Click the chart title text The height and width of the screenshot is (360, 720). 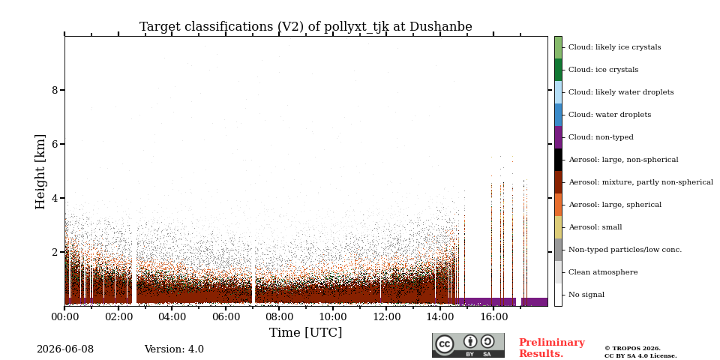[x=306, y=27]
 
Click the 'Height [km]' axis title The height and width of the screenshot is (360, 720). [x=40, y=172]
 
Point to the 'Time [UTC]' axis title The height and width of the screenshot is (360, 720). [x=306, y=332]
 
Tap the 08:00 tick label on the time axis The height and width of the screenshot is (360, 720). [x=279, y=316]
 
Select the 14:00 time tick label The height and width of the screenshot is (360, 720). [x=440, y=316]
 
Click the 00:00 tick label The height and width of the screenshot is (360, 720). [x=64, y=316]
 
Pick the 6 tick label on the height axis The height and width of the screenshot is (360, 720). [x=55, y=144]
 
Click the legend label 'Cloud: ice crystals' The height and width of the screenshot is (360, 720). [x=603, y=70]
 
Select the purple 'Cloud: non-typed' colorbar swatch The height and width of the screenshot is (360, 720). [x=558, y=137]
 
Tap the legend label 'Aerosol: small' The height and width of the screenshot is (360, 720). [x=595, y=227]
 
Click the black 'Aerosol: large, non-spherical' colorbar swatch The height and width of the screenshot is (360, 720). [x=558, y=160]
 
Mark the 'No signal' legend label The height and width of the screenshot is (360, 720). [x=586, y=295]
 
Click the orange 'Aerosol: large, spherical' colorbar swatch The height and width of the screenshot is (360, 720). [x=558, y=205]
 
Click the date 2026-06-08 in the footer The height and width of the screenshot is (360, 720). [x=65, y=349]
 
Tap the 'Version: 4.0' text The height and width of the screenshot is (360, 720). [x=174, y=349]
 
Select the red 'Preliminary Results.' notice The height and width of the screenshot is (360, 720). [x=552, y=348]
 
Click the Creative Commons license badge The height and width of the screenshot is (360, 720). [x=468, y=345]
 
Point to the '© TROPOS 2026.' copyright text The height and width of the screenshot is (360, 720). [x=632, y=349]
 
